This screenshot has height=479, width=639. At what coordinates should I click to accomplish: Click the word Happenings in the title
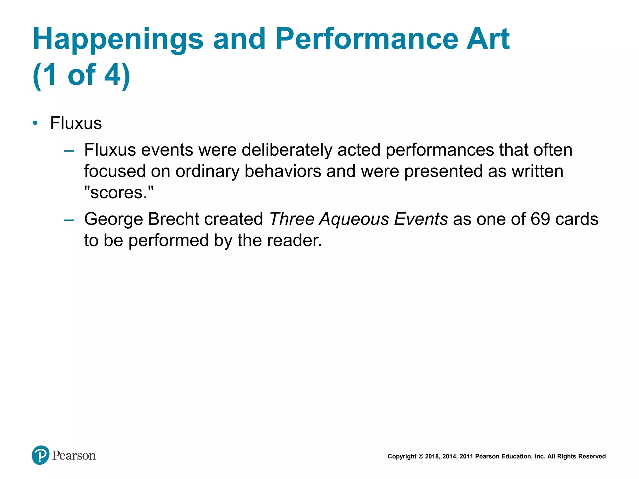pos(118,39)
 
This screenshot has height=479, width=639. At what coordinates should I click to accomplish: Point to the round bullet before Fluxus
pos(35,123)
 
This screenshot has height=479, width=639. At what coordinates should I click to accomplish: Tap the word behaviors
pos(283,171)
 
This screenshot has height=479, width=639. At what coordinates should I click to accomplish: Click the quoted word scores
pos(119,192)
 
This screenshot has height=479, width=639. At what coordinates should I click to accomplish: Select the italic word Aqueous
pos(354,219)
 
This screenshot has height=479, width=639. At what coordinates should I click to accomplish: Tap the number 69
pos(540,219)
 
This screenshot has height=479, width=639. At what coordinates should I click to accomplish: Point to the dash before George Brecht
pos(69,220)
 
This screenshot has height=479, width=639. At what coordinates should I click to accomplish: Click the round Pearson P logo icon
pos(41,455)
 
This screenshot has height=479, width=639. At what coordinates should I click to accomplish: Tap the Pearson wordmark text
pos(74,456)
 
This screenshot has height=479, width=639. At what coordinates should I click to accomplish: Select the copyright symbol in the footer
pos(421,457)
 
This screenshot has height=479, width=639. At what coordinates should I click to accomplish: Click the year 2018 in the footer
pos(432,457)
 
